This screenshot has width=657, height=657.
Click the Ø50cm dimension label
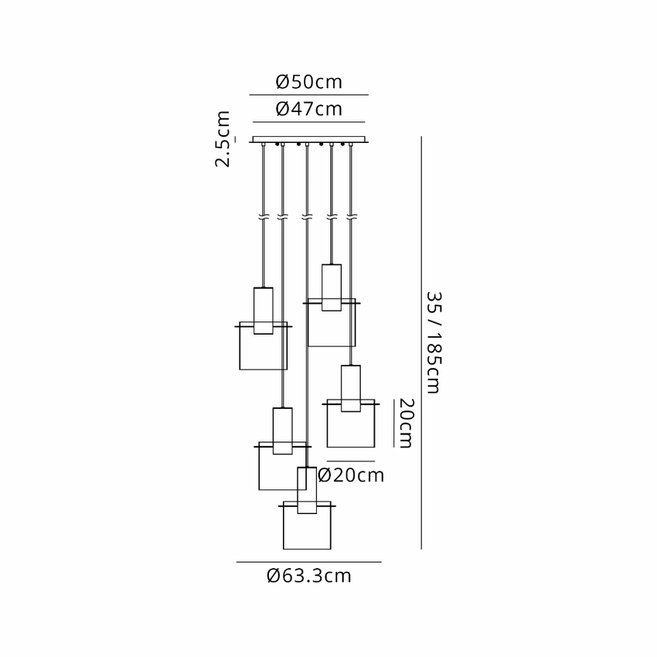click(309, 82)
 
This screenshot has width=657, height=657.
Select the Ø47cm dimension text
click(309, 109)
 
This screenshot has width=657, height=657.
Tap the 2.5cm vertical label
click(223, 139)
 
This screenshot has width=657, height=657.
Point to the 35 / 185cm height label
click(434, 342)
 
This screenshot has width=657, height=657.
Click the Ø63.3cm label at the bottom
click(309, 576)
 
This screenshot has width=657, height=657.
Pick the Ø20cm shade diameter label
click(351, 475)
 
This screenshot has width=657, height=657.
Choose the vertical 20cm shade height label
click(406, 424)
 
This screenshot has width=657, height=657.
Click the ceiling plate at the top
click(309, 140)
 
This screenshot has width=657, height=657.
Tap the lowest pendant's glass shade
click(307, 525)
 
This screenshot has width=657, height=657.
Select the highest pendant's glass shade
click(332, 322)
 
